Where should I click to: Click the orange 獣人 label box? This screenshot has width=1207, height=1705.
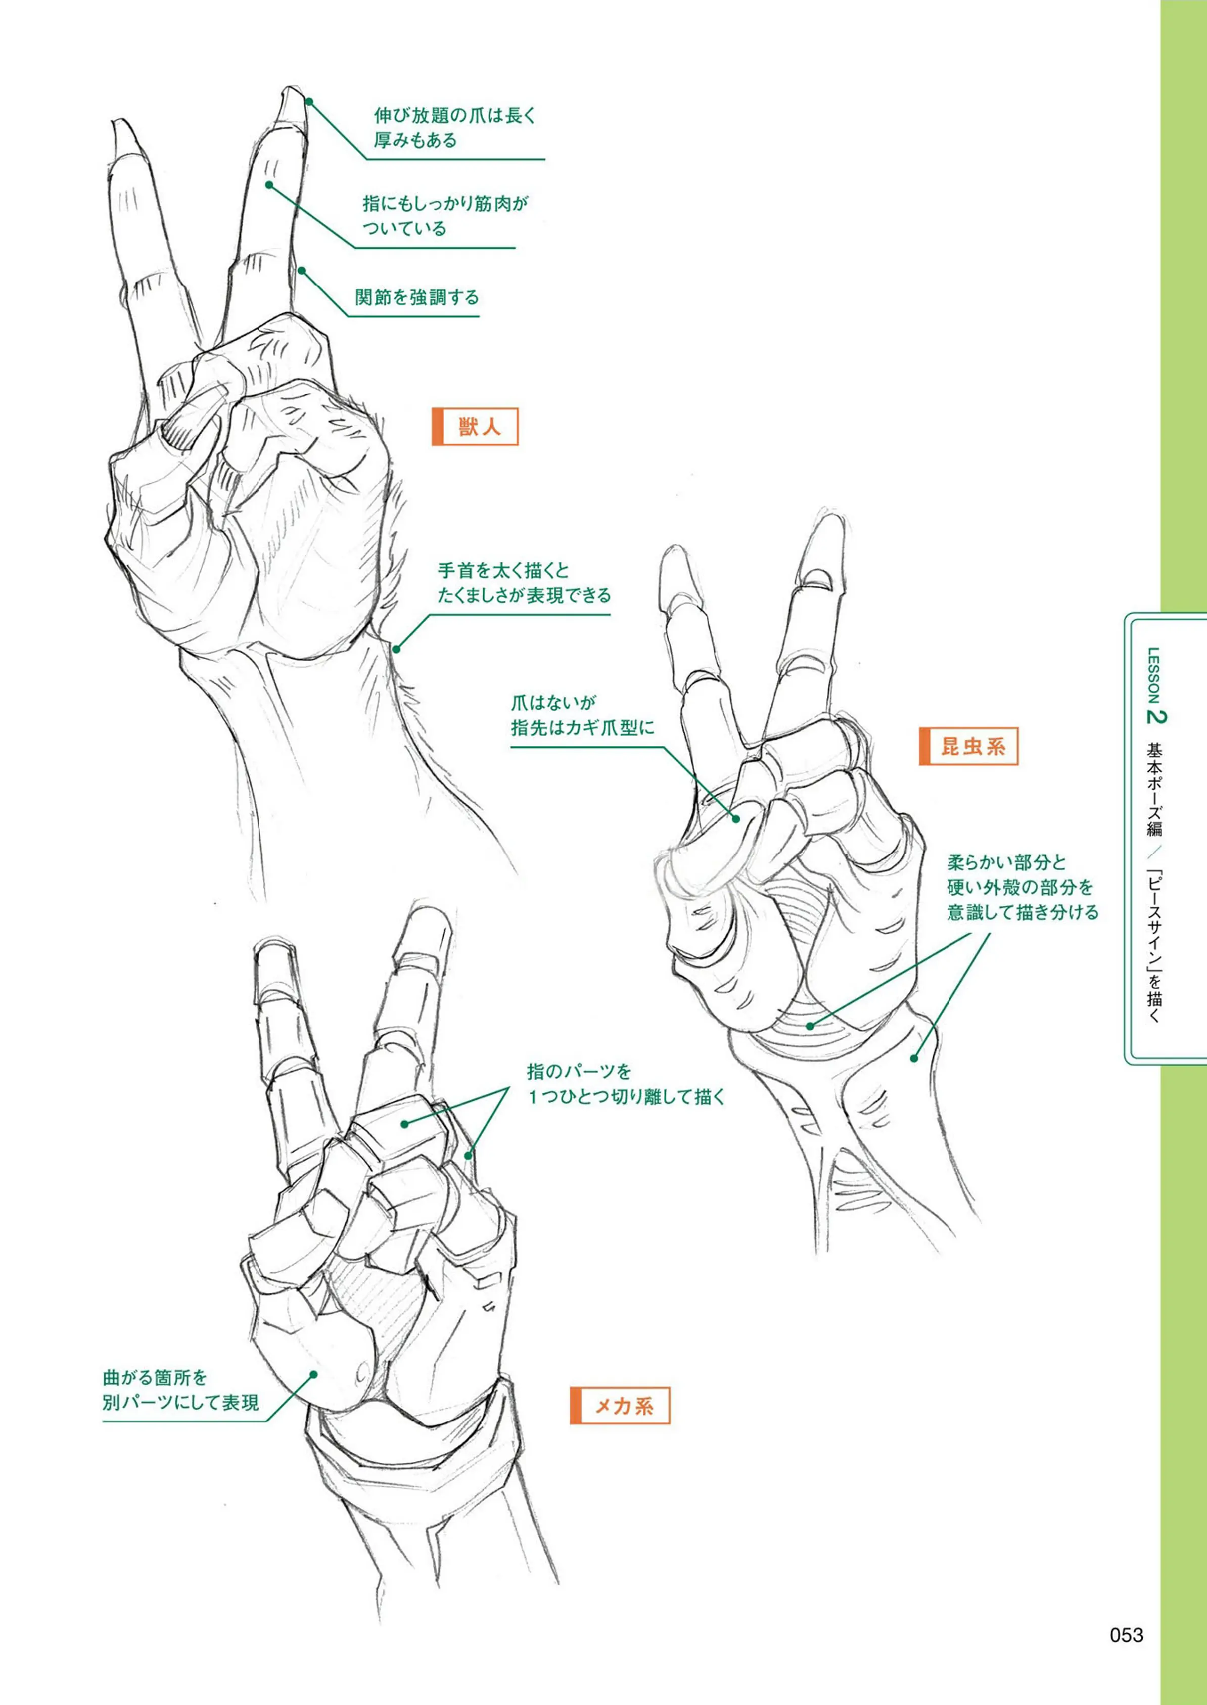point(475,427)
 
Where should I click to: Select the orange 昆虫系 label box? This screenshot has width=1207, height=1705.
point(968,746)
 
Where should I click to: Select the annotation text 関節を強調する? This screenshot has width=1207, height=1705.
point(417,298)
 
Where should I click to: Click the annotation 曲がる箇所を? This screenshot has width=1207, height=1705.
point(155,1378)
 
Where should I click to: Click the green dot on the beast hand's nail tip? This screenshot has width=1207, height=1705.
point(308,102)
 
